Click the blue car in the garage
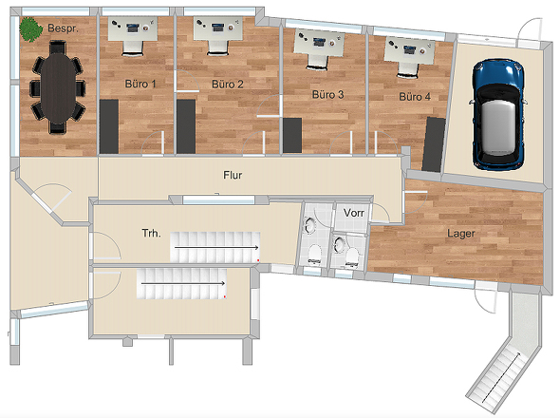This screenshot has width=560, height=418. point(498,114)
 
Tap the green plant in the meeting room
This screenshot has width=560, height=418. point(30,28)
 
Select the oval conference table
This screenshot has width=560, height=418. point(58,87)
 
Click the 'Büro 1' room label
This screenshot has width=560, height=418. point(140,84)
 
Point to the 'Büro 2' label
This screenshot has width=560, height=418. point(228,85)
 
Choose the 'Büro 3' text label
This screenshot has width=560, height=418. point(327,95)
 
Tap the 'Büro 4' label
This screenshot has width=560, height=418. point(415,97)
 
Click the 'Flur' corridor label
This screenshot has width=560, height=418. point(233,175)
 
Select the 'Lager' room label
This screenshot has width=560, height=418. point(461,234)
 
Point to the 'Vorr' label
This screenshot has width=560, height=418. point(354,213)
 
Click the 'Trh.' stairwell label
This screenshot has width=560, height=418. point(152,234)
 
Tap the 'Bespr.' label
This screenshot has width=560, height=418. point(63,28)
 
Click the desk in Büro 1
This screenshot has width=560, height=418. point(133,28)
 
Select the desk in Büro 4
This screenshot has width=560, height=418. point(410,49)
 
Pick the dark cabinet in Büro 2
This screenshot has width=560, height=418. point(186,126)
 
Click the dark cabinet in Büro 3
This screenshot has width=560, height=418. point(292,135)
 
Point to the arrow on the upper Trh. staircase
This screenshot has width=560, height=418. point(216,247)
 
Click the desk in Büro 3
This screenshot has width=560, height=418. point(319,43)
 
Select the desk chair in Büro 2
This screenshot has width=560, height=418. point(217,47)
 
